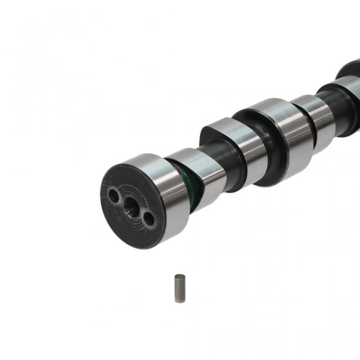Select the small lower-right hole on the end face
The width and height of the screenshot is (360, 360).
[148, 219]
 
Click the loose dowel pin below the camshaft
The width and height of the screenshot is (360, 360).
[180, 288]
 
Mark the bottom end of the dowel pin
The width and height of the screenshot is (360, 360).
[180, 301]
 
